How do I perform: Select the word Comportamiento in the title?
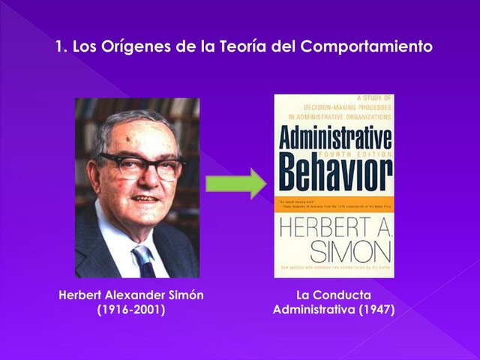pyautogui.click(x=367, y=46)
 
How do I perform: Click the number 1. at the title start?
pyautogui.click(x=61, y=46)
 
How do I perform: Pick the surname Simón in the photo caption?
pyautogui.click(x=186, y=295)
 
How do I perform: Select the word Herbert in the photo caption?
pyautogui.click(x=80, y=295)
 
